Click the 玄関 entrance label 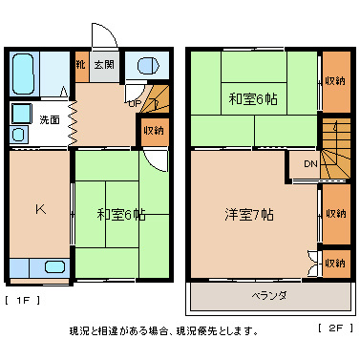point(104,65)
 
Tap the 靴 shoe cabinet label point(82,65)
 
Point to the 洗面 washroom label point(50,120)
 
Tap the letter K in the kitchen point(40,209)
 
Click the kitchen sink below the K point(53,266)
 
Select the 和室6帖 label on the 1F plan point(121,214)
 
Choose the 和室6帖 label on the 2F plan point(253,98)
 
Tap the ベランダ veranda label point(269,294)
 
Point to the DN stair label point(309,164)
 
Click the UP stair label point(135,102)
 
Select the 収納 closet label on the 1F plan point(153,130)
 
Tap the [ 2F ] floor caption point(333,327)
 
